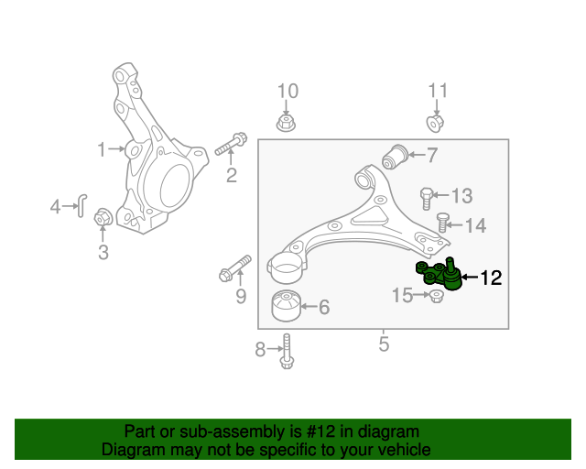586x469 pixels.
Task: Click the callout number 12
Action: pos(491,278)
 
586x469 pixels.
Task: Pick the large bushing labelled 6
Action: pos(289,306)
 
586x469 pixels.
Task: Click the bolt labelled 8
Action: pos(288,351)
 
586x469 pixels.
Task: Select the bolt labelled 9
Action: pos(235,268)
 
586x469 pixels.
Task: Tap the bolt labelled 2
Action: pos(231,145)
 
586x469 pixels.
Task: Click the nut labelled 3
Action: pos(103,218)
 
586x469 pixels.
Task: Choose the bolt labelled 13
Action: pos(426,195)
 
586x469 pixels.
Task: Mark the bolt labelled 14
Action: pos(443,223)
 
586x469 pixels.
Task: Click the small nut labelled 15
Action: pos(437,296)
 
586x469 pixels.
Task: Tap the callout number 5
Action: pos(384,344)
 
